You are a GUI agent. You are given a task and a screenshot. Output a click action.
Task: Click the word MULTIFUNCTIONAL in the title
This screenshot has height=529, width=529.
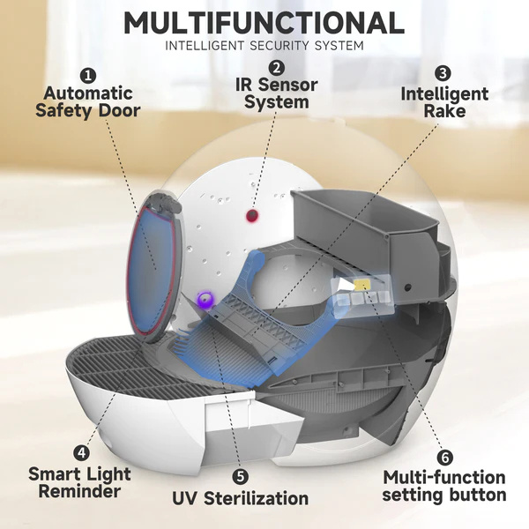coord(264,23)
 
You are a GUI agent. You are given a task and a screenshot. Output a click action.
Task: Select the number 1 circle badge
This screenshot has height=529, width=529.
coord(88,76)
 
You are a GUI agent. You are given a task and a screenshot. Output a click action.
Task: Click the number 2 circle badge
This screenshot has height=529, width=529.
coord(276,68)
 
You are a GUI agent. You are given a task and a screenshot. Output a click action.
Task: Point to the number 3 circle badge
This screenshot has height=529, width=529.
coord(443,73)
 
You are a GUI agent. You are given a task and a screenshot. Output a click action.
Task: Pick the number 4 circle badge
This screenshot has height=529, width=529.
coord(82,452)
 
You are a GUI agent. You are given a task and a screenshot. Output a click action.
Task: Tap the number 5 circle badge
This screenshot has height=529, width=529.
coord(240,476)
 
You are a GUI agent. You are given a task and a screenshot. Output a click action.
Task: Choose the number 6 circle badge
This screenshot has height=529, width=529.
coord(445,458)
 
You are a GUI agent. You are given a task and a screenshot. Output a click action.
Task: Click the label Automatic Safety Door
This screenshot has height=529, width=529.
coord(88,102)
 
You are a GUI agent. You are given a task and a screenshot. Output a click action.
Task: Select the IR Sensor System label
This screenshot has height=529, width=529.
coord(276,93)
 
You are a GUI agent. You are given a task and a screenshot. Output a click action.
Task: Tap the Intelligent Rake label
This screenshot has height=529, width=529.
coord(444,102)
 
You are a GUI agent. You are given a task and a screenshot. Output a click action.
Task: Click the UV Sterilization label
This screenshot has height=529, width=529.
coord(240,498)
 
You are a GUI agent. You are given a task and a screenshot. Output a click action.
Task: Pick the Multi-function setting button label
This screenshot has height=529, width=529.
coord(444,486)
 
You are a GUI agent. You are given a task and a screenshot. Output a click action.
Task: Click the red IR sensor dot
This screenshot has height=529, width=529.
coord(252,214)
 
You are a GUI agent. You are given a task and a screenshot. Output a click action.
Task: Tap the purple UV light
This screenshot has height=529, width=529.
coord(205,299)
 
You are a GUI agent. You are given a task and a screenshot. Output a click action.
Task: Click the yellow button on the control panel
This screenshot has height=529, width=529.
coord(361,285)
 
